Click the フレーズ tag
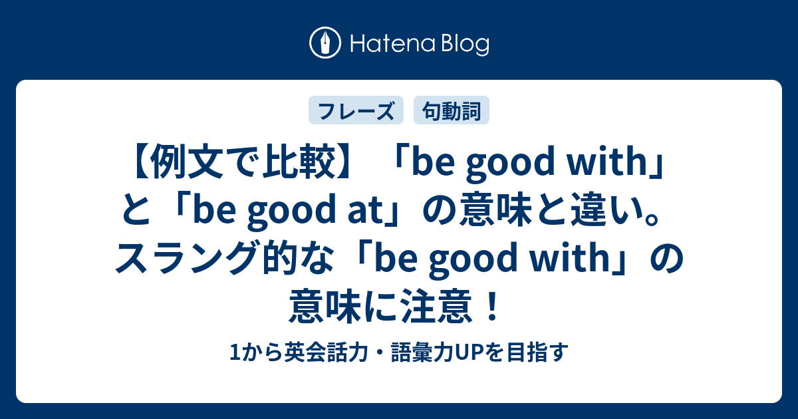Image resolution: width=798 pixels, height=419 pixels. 356,111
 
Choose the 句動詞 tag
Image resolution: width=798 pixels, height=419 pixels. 452,111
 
